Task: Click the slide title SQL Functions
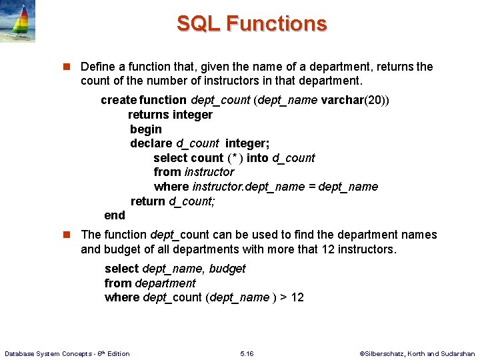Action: click(251, 24)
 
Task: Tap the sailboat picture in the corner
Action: click(17, 21)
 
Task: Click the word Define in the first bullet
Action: click(97, 67)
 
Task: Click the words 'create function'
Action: click(143, 100)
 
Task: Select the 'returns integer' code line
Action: click(170, 115)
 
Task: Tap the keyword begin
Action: click(145, 129)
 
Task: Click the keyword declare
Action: click(151, 143)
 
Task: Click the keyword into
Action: click(257, 158)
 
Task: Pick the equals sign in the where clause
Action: click(311, 187)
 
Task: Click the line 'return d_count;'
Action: click(173, 201)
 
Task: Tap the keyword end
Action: click(115, 215)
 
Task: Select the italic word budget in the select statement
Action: click(227, 269)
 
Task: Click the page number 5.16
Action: click(246, 353)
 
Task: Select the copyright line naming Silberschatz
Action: click(417, 353)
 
